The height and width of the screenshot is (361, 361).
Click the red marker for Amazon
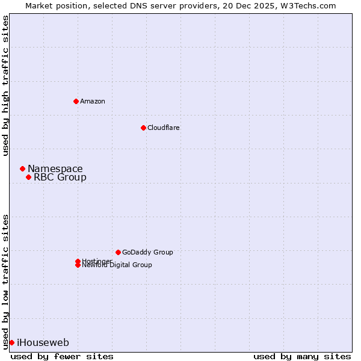(76, 101)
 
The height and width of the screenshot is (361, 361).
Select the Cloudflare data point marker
(143, 128)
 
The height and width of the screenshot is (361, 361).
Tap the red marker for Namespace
(22, 168)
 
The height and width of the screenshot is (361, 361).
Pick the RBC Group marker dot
(28, 177)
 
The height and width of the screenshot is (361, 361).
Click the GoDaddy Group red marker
(118, 252)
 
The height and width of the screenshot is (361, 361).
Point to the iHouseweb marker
(11, 342)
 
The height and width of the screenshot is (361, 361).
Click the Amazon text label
(93, 101)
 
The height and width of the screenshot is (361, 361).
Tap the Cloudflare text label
(164, 128)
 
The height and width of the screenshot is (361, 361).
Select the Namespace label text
(55, 168)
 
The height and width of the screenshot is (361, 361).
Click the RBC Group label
(60, 177)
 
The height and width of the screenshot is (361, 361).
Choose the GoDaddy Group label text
(147, 252)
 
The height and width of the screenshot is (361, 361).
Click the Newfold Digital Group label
(117, 265)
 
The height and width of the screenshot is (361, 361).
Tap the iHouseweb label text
(43, 342)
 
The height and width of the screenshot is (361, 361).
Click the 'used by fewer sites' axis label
(62, 356)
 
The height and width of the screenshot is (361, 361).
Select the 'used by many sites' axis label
(302, 356)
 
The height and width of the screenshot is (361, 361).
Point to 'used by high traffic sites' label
(5, 85)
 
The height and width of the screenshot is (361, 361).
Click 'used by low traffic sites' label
(5, 281)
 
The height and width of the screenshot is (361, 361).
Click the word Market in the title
(39, 5)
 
